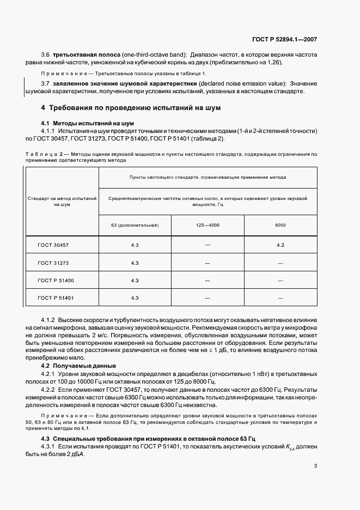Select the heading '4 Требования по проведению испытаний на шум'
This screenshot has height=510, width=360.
(131, 108)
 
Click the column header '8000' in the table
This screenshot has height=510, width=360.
(280, 224)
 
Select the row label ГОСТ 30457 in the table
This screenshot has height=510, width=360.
(53, 245)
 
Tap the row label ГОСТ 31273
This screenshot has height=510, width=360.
(53, 263)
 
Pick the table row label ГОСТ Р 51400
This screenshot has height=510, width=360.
(56, 280)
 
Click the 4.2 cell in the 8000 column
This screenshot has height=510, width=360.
(280, 245)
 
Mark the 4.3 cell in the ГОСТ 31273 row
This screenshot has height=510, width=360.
(135, 263)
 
